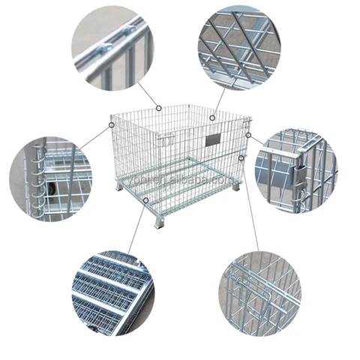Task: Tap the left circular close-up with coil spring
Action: [50, 178]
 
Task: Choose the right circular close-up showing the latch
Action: [295, 172]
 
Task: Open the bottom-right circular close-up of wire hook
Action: [259, 294]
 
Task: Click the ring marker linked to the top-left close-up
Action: [159, 107]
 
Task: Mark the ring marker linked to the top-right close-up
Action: [212, 117]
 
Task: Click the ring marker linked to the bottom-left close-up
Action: [145, 199]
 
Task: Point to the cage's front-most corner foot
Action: [157, 223]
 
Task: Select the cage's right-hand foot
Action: [236, 185]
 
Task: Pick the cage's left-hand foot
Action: [120, 185]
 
